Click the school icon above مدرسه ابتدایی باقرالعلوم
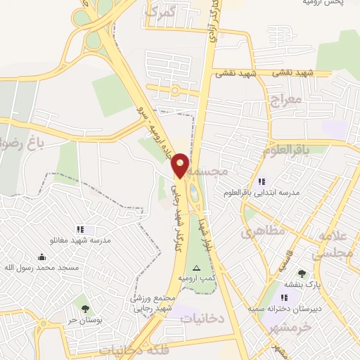[262, 181]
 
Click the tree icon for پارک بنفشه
[302, 274]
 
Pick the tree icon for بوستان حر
[85, 308]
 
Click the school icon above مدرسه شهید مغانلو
[80, 229]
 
